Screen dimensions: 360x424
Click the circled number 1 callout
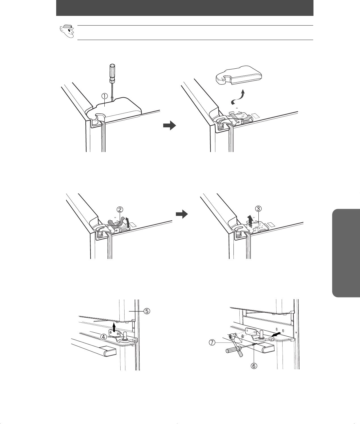tap(105, 96)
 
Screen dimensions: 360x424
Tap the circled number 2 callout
tap(120, 209)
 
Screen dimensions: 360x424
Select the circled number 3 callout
tap(258, 209)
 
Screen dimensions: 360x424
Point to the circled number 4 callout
tap(104, 337)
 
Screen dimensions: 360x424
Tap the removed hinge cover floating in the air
tap(239, 75)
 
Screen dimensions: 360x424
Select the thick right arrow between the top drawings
tap(170, 126)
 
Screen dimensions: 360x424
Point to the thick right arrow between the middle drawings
tap(182, 214)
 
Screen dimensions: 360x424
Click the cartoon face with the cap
tap(67, 31)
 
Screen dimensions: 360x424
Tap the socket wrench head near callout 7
tap(233, 336)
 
